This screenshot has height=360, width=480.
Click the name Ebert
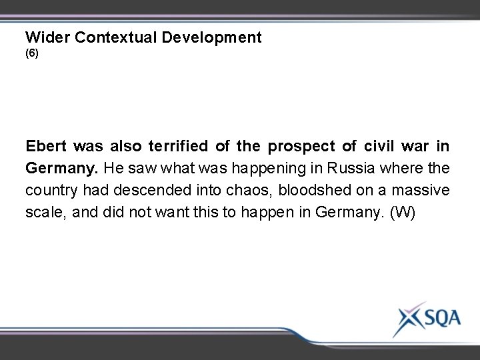[47, 146]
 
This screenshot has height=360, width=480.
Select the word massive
[423, 190]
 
